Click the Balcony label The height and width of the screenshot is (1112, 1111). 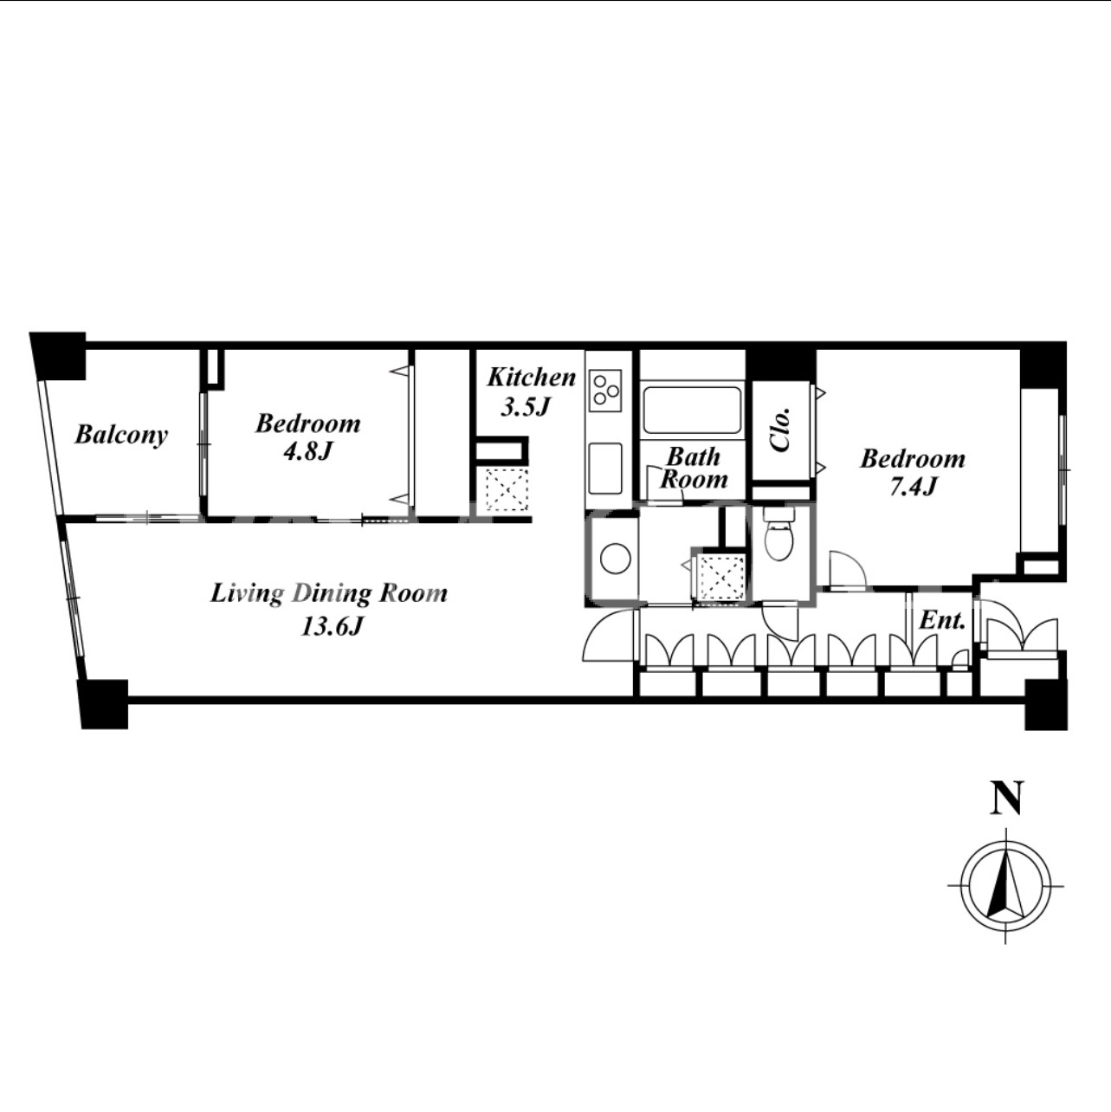coord(121,436)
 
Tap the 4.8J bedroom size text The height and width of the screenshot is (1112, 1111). coord(308,451)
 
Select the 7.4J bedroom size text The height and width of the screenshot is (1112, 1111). coord(912,487)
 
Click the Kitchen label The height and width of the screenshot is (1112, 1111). coord(532,378)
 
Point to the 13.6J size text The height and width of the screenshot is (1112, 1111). coord(332,626)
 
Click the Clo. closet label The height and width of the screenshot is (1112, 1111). coord(781,430)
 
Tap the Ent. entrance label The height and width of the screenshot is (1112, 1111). coord(942,621)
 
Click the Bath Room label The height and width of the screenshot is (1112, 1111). coord(694,468)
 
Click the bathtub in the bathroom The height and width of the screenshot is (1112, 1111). coord(692,411)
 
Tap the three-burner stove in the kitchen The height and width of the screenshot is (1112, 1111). coord(605,390)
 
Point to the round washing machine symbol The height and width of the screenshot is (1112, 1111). coord(616,559)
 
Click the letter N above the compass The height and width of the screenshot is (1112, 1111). coord(1007,798)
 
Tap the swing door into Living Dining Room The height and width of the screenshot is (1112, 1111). coord(604,635)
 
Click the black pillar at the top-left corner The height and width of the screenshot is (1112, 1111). coord(58,355)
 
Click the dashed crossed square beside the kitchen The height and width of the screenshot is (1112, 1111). coord(507,489)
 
